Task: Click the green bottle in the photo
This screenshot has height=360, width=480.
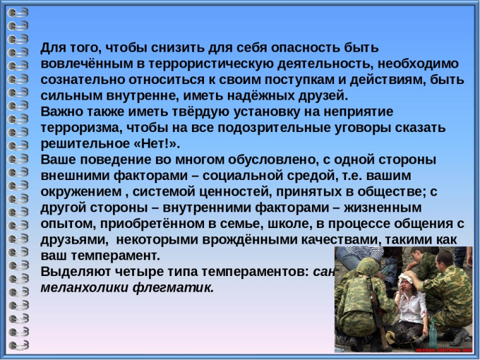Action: (433, 332)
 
